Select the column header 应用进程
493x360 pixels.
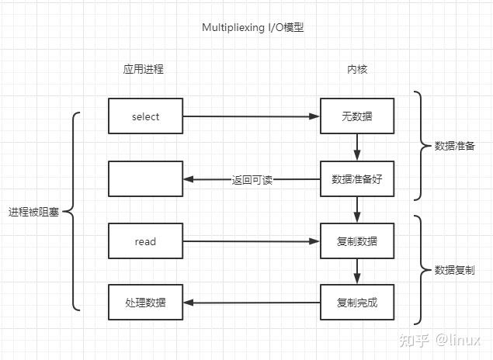click(x=144, y=69)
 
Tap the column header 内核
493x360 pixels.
click(x=357, y=69)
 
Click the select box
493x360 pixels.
click(x=145, y=116)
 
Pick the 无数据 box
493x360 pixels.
click(x=357, y=116)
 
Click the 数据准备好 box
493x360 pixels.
click(x=357, y=179)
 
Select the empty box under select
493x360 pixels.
click(x=145, y=179)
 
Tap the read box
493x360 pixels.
click(x=145, y=241)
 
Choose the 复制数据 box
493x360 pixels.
click(x=357, y=241)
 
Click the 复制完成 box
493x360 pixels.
click(x=357, y=303)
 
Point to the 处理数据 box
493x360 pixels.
click(x=145, y=303)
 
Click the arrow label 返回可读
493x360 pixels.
click(x=252, y=179)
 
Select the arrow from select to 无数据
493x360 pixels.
click(x=252, y=116)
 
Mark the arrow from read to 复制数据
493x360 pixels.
click(x=252, y=241)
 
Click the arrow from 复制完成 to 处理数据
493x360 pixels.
click(x=252, y=303)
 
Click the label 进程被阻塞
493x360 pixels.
click(x=34, y=212)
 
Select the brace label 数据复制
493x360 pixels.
click(x=455, y=270)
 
